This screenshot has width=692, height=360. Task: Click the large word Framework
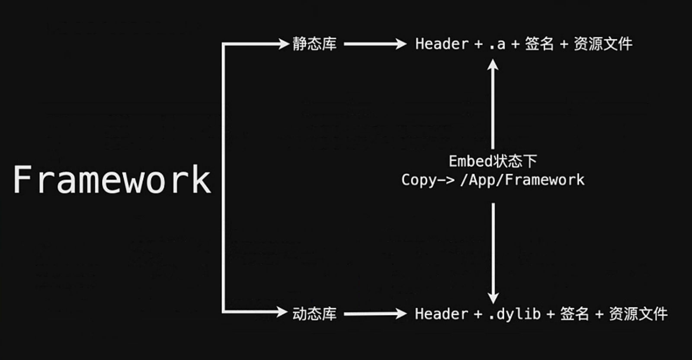[x=112, y=180]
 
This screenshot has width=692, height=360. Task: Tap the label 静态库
[x=314, y=44]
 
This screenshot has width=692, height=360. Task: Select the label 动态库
[x=314, y=313]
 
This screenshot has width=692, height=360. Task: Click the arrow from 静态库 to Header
[x=375, y=44]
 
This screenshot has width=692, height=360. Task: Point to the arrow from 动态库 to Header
[x=375, y=313]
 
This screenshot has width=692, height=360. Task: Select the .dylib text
[x=515, y=313]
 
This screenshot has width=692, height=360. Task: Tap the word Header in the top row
[x=442, y=44]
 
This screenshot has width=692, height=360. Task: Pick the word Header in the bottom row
[x=441, y=313]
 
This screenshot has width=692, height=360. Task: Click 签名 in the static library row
[x=539, y=44]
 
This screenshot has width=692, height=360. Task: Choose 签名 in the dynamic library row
[x=574, y=313]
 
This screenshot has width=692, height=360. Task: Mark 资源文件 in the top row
[x=603, y=44]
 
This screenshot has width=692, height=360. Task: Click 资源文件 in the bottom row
[x=638, y=313]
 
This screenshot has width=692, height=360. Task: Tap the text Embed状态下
[x=493, y=161]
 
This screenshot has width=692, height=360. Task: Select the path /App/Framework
[x=522, y=180]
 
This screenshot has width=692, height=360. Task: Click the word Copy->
[x=428, y=180]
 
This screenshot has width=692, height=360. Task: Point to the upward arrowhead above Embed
[x=493, y=65]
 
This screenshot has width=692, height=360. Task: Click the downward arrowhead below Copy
[x=493, y=297]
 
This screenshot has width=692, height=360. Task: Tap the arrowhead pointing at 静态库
[x=283, y=44]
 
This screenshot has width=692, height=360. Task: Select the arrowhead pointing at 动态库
[x=282, y=312]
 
